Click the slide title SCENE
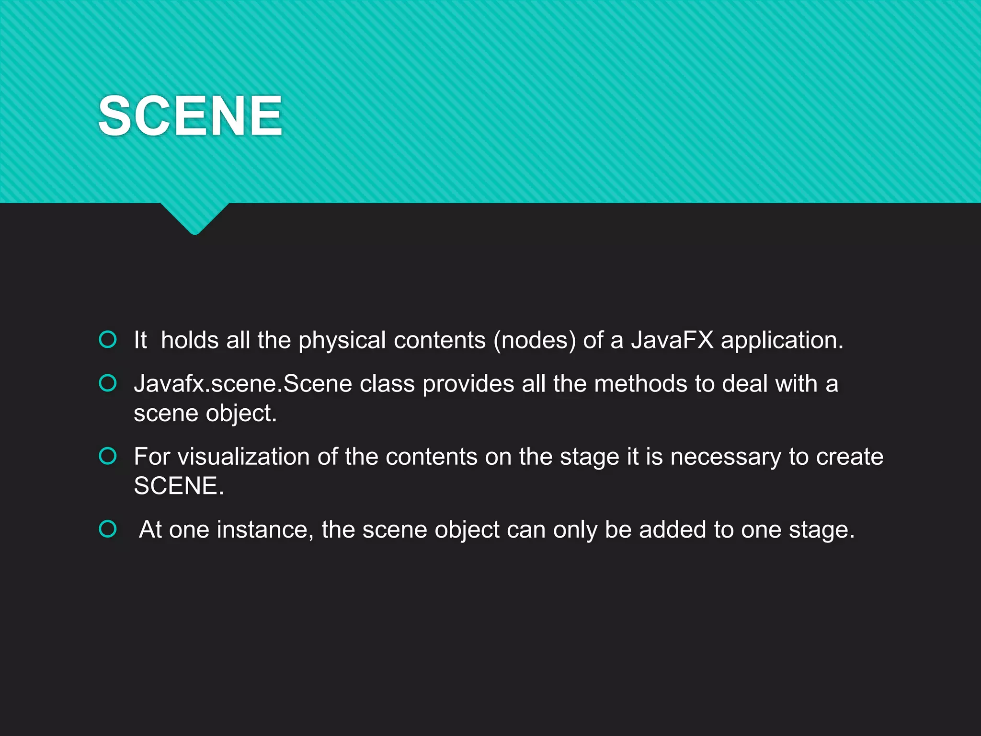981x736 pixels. coord(190,115)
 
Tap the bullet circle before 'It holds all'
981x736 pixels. coord(108,339)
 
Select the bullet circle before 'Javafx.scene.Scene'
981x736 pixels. coord(108,383)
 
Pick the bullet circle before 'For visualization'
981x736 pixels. coord(108,456)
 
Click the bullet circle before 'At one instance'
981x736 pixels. coord(108,529)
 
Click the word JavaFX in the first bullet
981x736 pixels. coord(672,340)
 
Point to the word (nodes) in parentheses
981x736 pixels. coord(535,341)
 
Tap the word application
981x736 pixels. coord(782,341)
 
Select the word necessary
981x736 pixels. coord(725,457)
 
